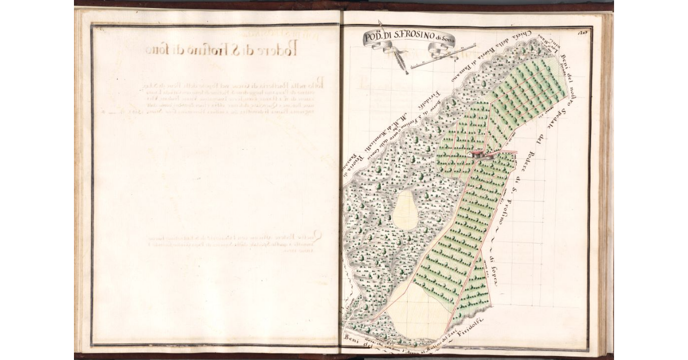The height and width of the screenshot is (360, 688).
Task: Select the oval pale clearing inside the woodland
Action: [x=406, y=209]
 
